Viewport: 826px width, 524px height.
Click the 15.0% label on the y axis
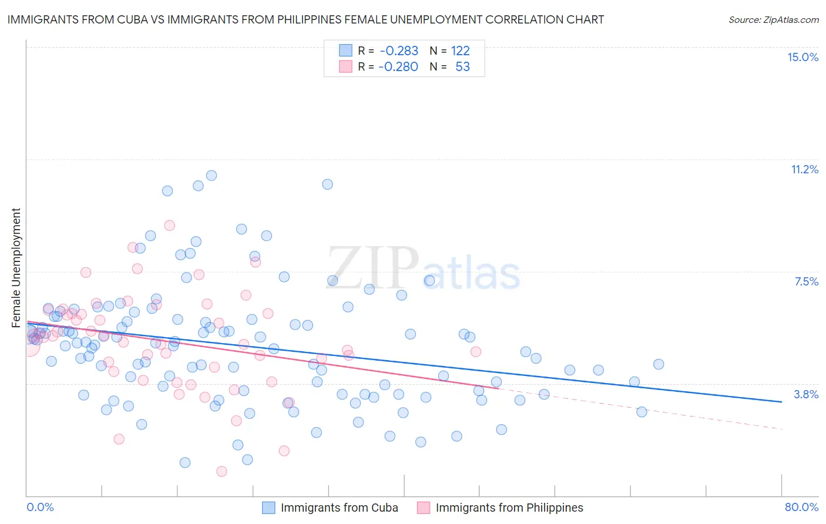tap(803, 57)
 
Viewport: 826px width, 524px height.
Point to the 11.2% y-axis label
tap(804, 169)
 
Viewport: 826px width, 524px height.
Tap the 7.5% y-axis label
tap(806, 281)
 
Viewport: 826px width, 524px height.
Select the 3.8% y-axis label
tap(806, 394)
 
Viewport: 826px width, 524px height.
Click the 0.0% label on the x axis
tap(40, 507)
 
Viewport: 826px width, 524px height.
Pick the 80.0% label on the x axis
tap(801, 507)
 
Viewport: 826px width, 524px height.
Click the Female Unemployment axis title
tap(16, 267)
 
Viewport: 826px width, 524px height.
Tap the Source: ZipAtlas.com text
tap(773, 19)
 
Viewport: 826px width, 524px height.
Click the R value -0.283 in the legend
tap(399, 51)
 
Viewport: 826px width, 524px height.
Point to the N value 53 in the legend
tap(462, 67)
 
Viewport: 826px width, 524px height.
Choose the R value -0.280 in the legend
tap(398, 67)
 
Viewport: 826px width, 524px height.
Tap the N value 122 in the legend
tap(460, 51)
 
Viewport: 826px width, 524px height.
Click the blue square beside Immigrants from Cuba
tap(268, 508)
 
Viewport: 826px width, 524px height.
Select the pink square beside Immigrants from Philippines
tap(424, 508)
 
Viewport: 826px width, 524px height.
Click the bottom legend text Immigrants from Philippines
tap(509, 508)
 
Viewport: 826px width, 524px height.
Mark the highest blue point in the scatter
tap(211, 176)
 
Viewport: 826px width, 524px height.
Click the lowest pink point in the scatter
tap(221, 471)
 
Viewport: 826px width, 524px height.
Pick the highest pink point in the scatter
tap(170, 225)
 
